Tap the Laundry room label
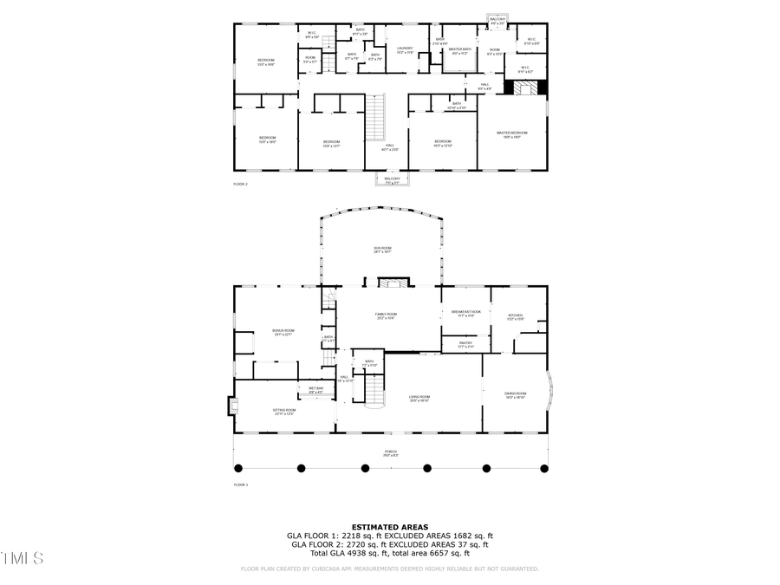click(x=405, y=49)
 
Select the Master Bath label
click(x=460, y=50)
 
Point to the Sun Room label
click(x=383, y=250)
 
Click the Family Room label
click(x=387, y=315)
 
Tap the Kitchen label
click(x=516, y=316)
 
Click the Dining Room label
click(x=516, y=395)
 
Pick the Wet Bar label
click(x=316, y=390)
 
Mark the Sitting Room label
click(x=285, y=412)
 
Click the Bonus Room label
click(x=284, y=332)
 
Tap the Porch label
click(x=391, y=452)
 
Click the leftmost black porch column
click(x=238, y=469)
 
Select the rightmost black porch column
click(x=544, y=469)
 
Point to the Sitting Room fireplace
click(x=231, y=405)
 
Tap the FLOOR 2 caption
click(x=240, y=185)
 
